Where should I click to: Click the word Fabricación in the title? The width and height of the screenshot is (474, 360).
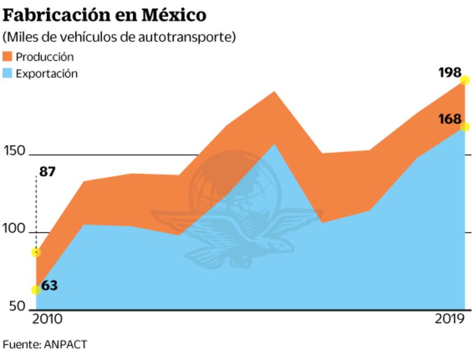pyautogui.click(x=57, y=14)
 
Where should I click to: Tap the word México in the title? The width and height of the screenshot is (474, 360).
pyautogui.click(x=174, y=14)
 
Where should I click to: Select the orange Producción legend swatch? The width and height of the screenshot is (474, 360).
pyautogui.click(x=8, y=57)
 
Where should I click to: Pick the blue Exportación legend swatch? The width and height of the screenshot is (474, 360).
pyautogui.click(x=8, y=74)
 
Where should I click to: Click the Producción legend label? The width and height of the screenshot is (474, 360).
pyautogui.click(x=45, y=57)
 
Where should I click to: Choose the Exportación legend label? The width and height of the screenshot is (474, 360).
pyautogui.click(x=46, y=74)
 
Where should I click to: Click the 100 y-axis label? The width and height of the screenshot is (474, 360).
pyautogui.click(x=14, y=229)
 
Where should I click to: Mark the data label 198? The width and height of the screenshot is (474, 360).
pyautogui.click(x=450, y=73)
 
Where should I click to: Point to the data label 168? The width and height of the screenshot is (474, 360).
pyautogui.click(x=450, y=119)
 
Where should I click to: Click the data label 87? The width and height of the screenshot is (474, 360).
pyautogui.click(x=48, y=172)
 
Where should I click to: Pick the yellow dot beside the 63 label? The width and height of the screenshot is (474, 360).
pyautogui.click(x=36, y=290)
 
